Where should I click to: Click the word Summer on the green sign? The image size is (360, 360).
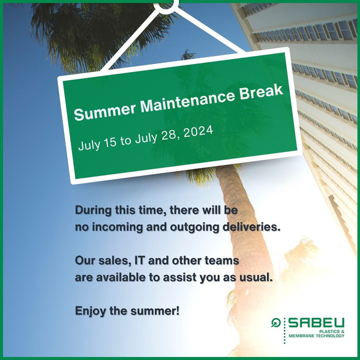click(105, 112)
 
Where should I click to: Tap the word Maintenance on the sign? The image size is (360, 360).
click(188, 100)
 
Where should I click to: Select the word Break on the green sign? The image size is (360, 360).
click(262, 91)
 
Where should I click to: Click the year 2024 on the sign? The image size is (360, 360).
click(198, 132)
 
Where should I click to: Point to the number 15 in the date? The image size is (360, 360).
click(110, 142)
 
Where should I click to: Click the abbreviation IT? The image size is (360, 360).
click(140, 260)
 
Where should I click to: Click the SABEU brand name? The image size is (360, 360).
click(316, 323)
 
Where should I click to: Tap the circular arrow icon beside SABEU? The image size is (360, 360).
click(276, 322)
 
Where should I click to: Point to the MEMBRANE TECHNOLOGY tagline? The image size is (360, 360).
click(316, 335)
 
